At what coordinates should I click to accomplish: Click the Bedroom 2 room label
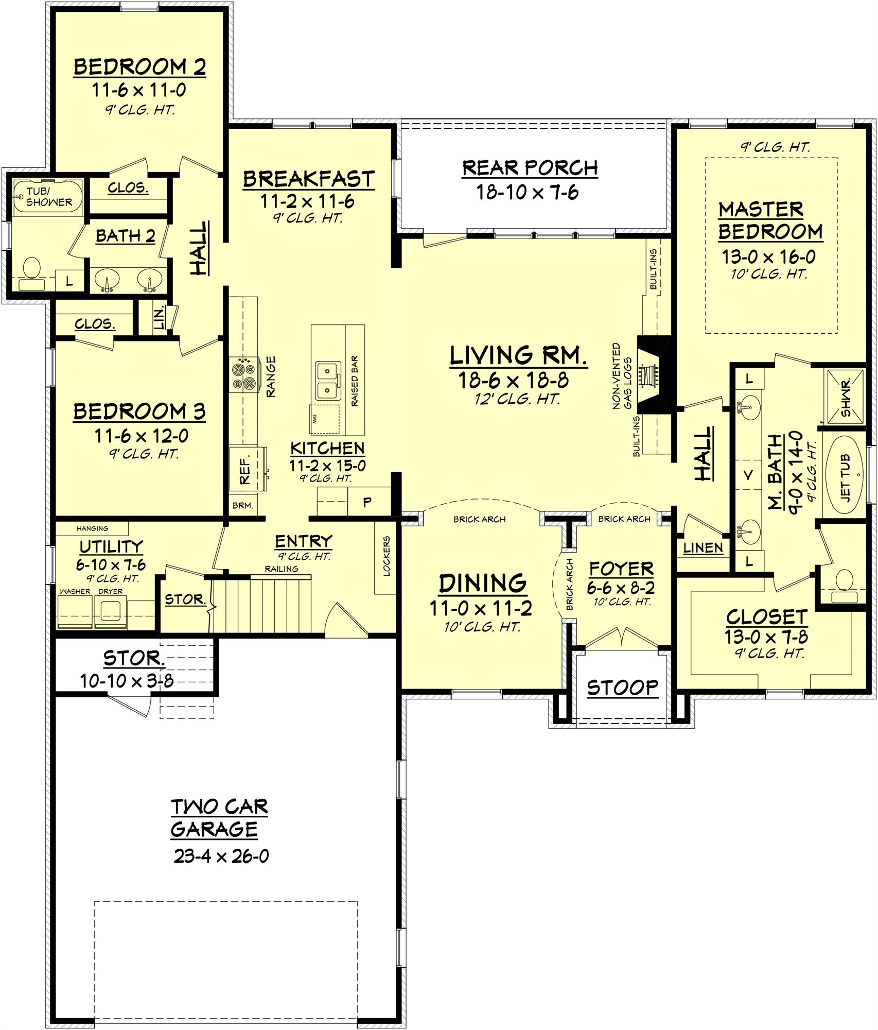click(x=139, y=67)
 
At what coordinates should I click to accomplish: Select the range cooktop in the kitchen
click(x=243, y=376)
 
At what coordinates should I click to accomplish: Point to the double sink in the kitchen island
click(x=328, y=381)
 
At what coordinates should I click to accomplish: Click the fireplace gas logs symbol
click(x=646, y=374)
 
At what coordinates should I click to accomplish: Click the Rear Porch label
click(x=530, y=168)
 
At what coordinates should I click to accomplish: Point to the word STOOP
click(x=622, y=687)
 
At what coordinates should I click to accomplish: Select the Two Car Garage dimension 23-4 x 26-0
click(x=221, y=856)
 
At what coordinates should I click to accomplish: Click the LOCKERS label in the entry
click(x=387, y=556)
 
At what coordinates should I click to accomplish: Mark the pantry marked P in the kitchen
click(x=367, y=502)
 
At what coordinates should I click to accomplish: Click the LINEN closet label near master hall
click(x=703, y=548)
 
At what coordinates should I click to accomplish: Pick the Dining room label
click(x=482, y=583)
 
